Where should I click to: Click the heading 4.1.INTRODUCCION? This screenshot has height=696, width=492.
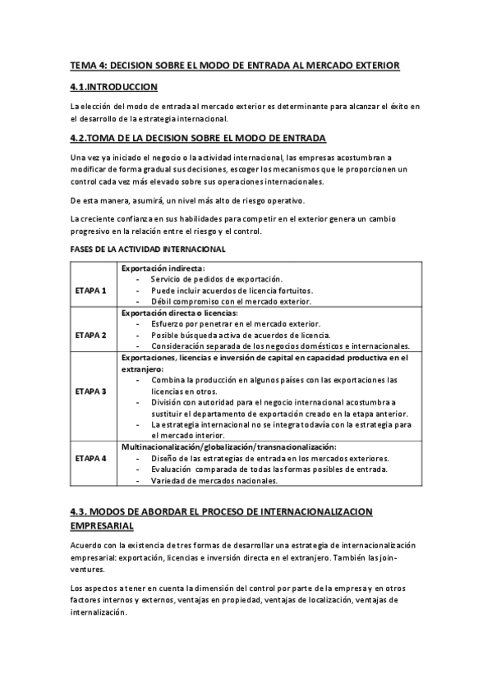[113, 86]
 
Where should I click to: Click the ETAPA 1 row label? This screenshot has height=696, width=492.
[90, 291]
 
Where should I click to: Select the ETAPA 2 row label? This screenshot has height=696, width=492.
[90, 335]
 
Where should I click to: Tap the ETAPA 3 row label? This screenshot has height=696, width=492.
[90, 391]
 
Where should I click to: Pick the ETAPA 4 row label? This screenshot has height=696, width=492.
[90, 457]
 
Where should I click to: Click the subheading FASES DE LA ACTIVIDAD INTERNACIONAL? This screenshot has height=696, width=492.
[148, 249]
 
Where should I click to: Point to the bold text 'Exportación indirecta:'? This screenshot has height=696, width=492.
[163, 268]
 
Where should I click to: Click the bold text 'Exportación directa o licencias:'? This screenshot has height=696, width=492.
[179, 313]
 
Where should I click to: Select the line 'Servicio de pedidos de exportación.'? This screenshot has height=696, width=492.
[216, 279]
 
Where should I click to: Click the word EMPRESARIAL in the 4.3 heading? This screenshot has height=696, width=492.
[102, 526]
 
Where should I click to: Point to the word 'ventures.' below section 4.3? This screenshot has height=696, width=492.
[87, 568]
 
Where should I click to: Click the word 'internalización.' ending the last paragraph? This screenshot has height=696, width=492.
[99, 611]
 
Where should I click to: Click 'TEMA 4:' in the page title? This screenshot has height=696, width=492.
[87, 65]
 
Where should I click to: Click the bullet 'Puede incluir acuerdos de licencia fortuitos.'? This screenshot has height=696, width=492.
[232, 291]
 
